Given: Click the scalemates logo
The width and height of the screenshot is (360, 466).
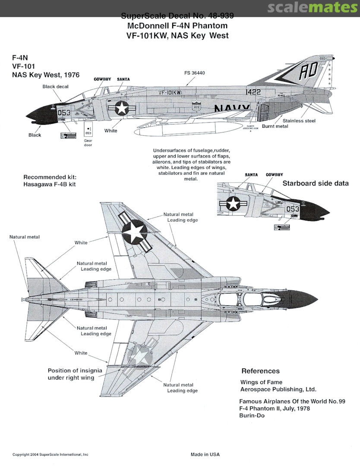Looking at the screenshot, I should (x=312, y=8).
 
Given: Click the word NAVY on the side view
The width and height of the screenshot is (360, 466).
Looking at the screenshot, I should (x=232, y=108).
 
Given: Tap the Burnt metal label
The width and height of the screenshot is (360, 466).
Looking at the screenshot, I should (x=287, y=126).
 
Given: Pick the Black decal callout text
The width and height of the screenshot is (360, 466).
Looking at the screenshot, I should (x=55, y=87).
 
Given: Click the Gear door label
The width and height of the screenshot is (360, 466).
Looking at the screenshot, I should (x=88, y=143).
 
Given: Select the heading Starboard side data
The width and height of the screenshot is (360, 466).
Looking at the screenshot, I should (x=316, y=183).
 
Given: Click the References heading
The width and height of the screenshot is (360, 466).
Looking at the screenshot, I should (x=260, y=371).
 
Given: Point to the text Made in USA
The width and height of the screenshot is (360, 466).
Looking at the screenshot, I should (x=205, y=454).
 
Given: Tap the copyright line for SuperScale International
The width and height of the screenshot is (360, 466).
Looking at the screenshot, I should (x=51, y=454).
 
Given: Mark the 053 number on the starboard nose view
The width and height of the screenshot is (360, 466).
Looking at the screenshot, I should (x=293, y=209).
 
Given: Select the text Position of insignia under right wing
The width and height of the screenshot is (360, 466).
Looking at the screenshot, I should (x=71, y=374).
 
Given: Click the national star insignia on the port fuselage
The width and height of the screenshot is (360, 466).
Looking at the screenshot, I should (x=122, y=108).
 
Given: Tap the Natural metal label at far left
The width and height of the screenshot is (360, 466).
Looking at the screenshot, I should (x=25, y=237).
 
